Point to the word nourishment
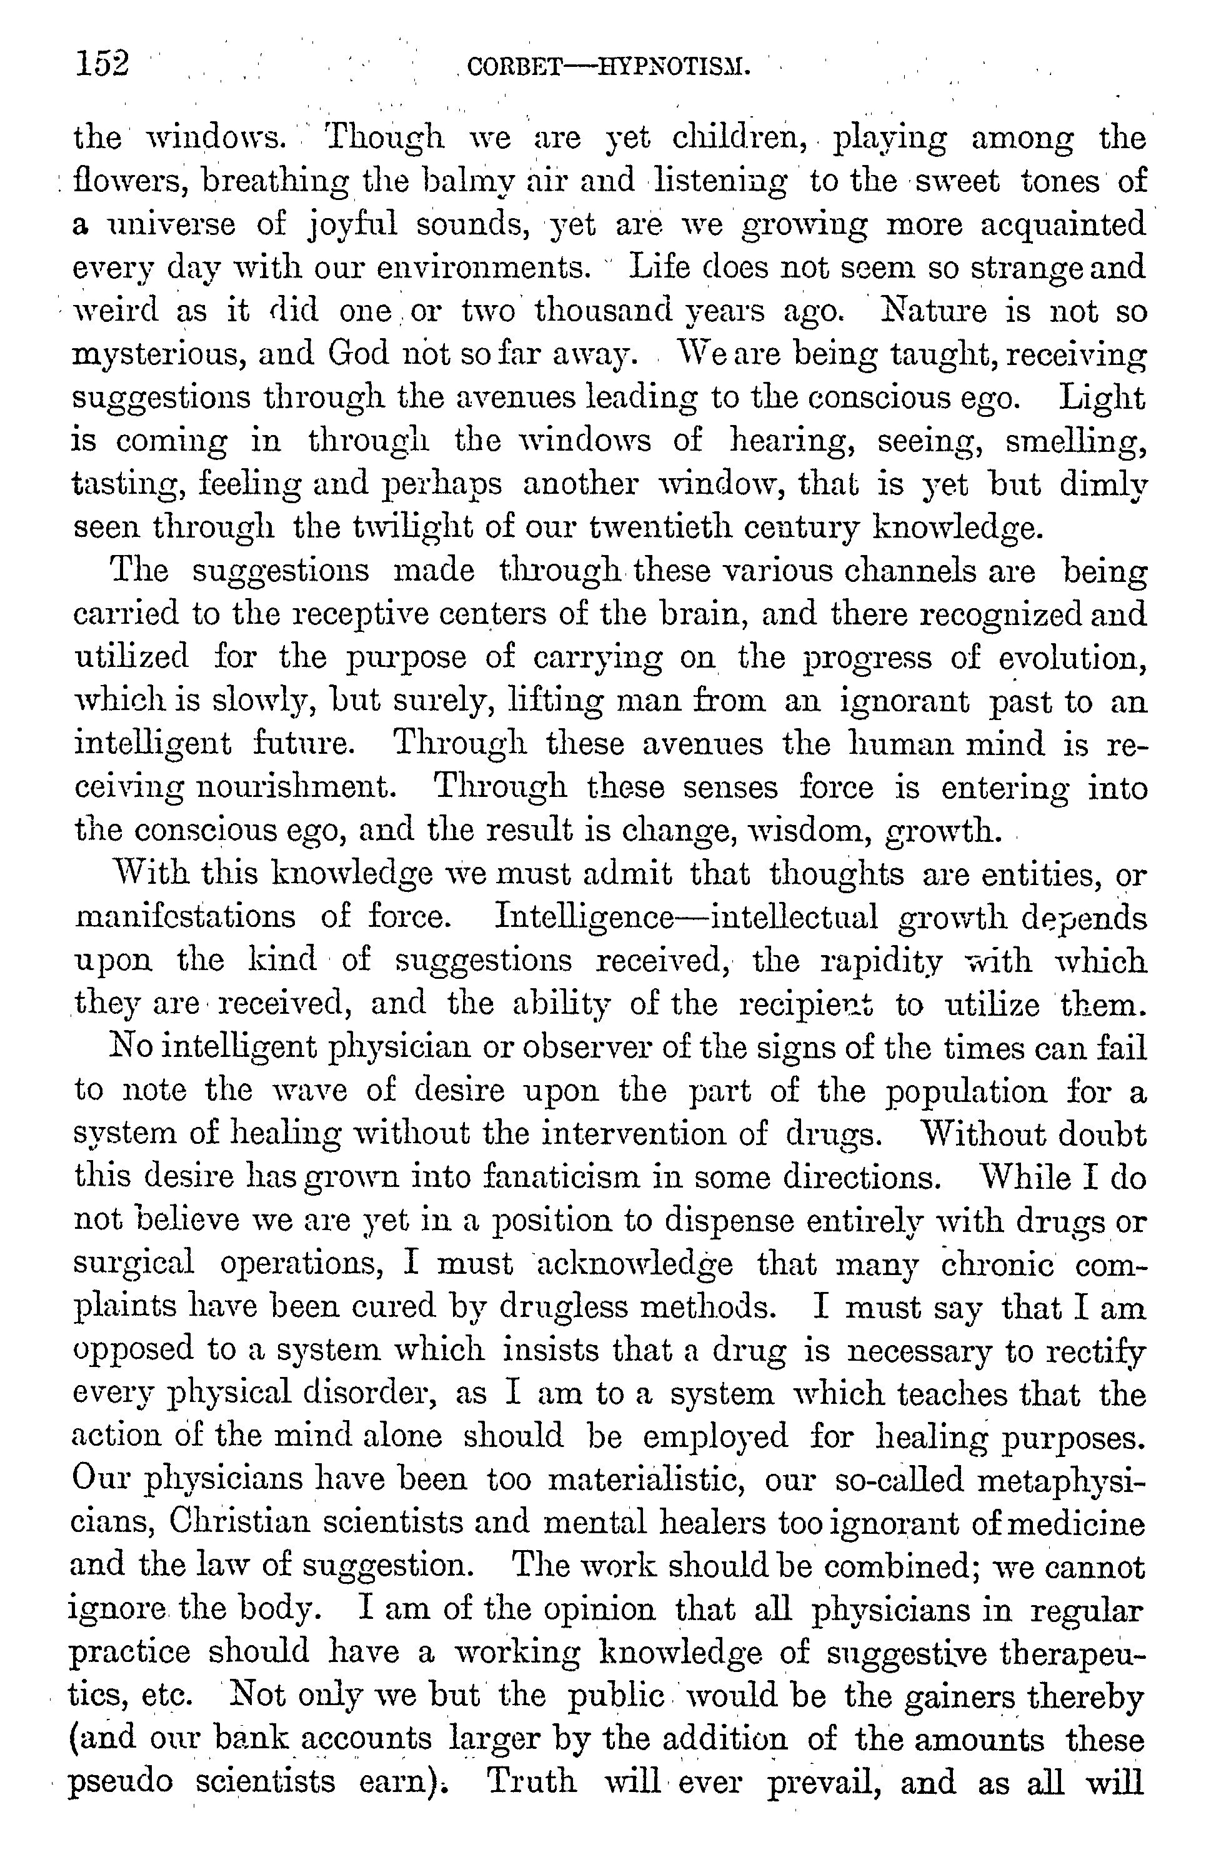pos(292,788)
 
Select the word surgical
pos(133,1264)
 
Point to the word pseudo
pos(121,1783)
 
